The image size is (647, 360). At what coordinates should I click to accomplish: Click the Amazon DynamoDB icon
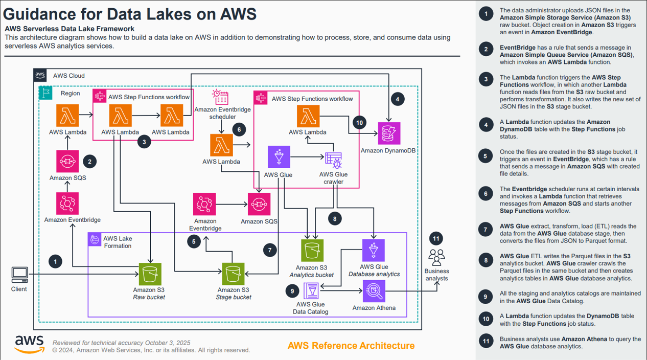click(x=389, y=134)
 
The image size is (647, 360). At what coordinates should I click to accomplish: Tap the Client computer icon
click(x=19, y=275)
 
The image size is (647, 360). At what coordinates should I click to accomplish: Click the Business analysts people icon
click(x=436, y=256)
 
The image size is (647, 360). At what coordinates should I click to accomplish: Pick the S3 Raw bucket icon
click(x=150, y=275)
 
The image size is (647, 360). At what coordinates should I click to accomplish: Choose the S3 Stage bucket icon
click(x=234, y=275)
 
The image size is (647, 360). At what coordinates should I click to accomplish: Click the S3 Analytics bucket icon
click(x=312, y=251)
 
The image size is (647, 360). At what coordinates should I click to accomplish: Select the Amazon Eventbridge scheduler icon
click(x=221, y=97)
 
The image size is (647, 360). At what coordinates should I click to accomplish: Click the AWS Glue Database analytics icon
click(x=374, y=251)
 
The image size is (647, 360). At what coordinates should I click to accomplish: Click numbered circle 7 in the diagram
click(x=270, y=250)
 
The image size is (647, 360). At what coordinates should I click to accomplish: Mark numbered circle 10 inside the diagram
click(x=359, y=123)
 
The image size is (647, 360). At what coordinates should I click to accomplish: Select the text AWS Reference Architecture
click(x=351, y=346)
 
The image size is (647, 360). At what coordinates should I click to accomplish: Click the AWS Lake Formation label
click(x=118, y=242)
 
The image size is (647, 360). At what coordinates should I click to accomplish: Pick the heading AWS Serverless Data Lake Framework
click(x=70, y=29)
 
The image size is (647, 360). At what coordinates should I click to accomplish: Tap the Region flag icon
click(x=46, y=93)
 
